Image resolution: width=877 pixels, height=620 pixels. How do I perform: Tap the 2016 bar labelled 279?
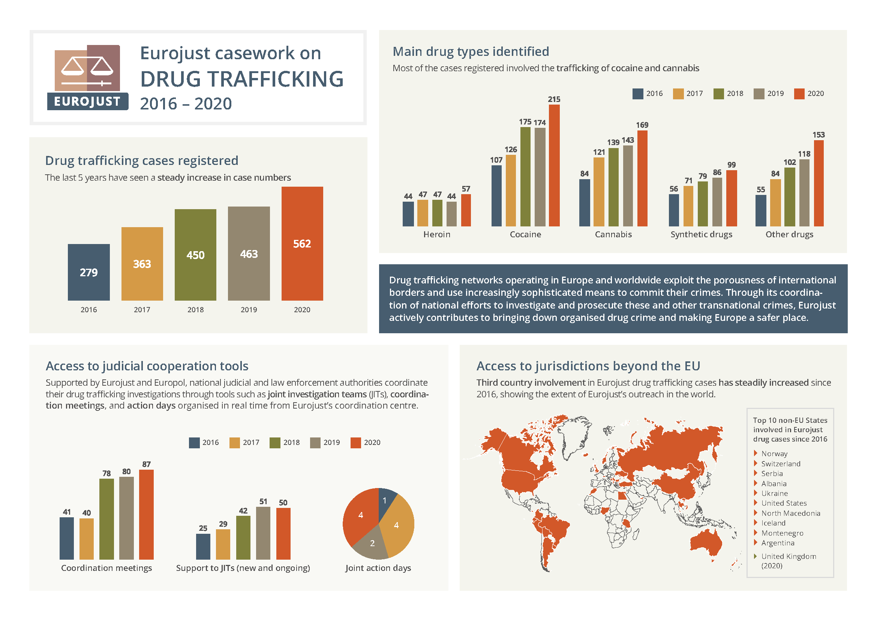click(88, 272)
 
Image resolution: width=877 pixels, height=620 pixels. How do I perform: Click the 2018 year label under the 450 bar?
click(195, 310)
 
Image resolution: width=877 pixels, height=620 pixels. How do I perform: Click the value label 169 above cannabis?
click(642, 125)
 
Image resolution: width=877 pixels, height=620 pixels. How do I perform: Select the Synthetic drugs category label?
click(701, 234)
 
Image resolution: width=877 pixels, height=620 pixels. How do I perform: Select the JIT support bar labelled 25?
click(203, 546)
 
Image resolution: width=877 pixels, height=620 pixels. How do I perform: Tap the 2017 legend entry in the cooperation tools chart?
click(244, 442)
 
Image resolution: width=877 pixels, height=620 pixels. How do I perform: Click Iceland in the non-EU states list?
click(773, 523)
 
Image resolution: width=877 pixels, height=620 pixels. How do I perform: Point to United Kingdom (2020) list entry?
click(788, 560)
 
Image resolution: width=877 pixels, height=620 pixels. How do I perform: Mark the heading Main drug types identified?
click(471, 51)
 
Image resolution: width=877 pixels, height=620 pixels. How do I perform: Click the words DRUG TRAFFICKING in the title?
click(241, 79)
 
